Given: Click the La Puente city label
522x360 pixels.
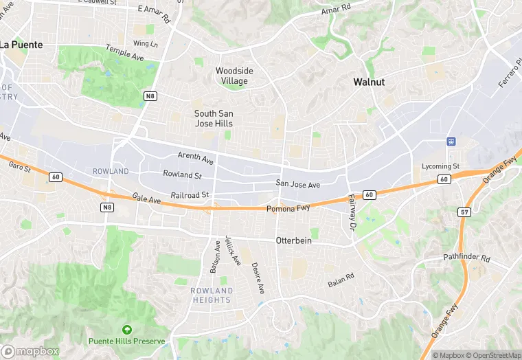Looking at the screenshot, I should [x=21, y=45].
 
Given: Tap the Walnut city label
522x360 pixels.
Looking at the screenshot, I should [x=369, y=82].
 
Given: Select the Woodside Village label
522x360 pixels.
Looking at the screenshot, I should [x=234, y=76].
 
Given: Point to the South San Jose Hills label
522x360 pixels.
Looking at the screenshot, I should [x=213, y=118].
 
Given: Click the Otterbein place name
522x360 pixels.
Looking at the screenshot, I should [x=294, y=240].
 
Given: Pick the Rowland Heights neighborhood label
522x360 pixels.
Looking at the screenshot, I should [x=212, y=295].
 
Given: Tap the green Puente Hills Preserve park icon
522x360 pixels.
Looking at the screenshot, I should [x=126, y=330].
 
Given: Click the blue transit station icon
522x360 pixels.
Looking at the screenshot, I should [x=451, y=142].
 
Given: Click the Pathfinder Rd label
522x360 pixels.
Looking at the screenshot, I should [x=466, y=259].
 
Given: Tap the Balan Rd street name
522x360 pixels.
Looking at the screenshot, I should [x=341, y=280].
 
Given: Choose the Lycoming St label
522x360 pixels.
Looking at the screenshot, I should [x=440, y=166].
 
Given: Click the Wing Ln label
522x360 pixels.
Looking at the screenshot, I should [x=145, y=43].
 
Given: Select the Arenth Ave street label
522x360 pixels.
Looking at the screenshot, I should [x=195, y=158].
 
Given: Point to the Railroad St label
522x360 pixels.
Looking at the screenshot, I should [x=190, y=195].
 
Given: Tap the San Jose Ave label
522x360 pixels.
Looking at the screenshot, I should [x=298, y=184].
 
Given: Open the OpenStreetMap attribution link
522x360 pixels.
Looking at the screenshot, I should [x=492, y=355].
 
